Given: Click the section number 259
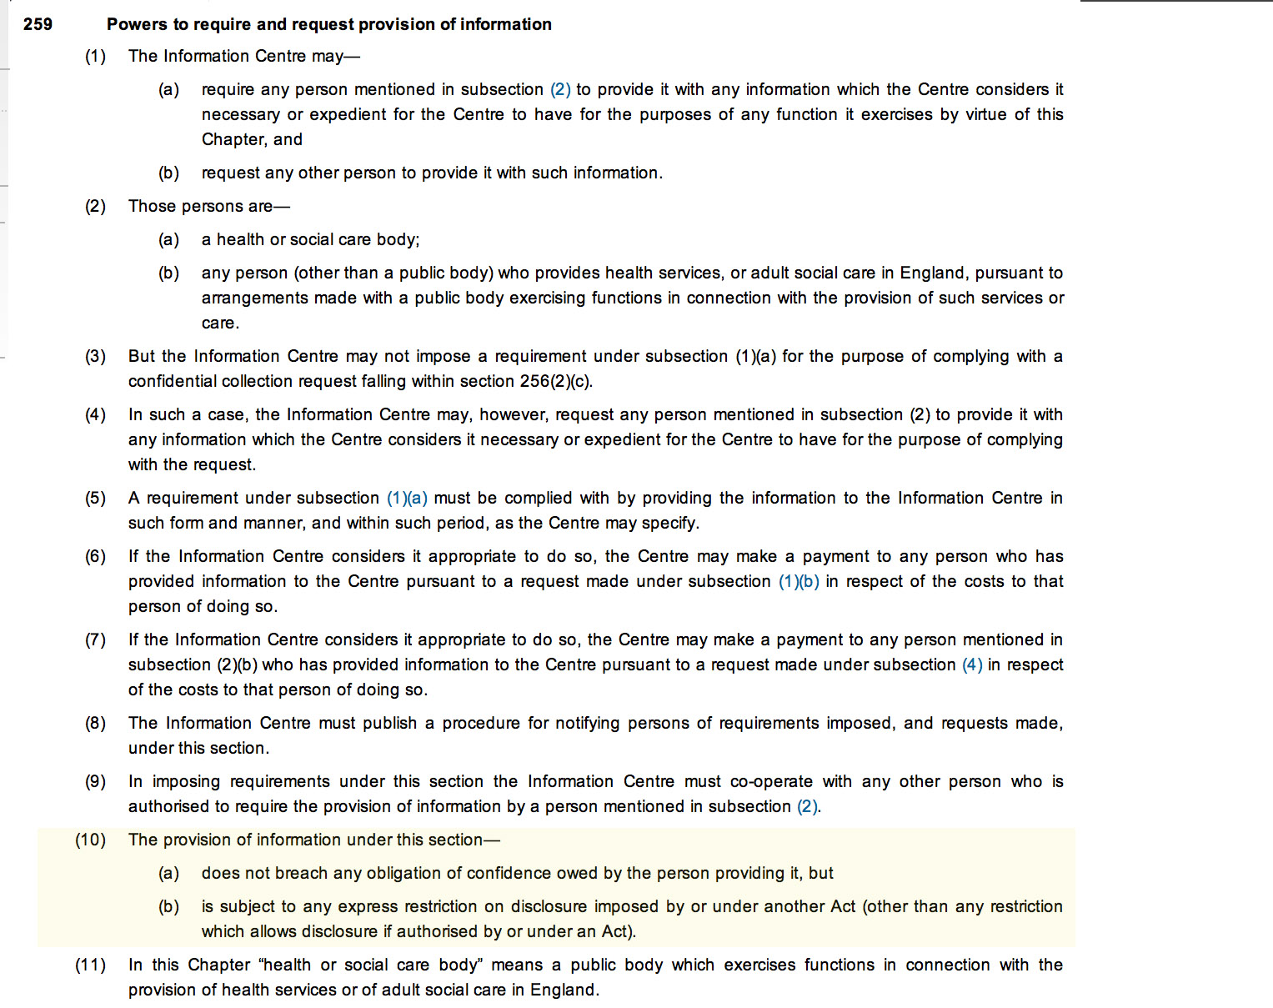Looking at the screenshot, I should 38,24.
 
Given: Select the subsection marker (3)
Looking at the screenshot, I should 95,356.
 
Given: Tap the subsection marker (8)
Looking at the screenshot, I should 95,723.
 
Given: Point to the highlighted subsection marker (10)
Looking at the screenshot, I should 91,840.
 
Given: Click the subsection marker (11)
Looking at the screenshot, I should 91,965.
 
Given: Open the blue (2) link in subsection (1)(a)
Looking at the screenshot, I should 560,89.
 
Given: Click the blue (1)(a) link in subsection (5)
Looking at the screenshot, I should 407,498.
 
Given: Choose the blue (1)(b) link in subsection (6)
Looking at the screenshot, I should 799,581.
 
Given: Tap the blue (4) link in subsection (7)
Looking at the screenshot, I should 972,664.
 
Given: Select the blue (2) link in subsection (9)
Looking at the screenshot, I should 807,806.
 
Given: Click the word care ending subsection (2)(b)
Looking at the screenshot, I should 218,323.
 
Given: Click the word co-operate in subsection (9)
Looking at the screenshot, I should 771,781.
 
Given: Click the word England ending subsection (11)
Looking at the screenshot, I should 566,990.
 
